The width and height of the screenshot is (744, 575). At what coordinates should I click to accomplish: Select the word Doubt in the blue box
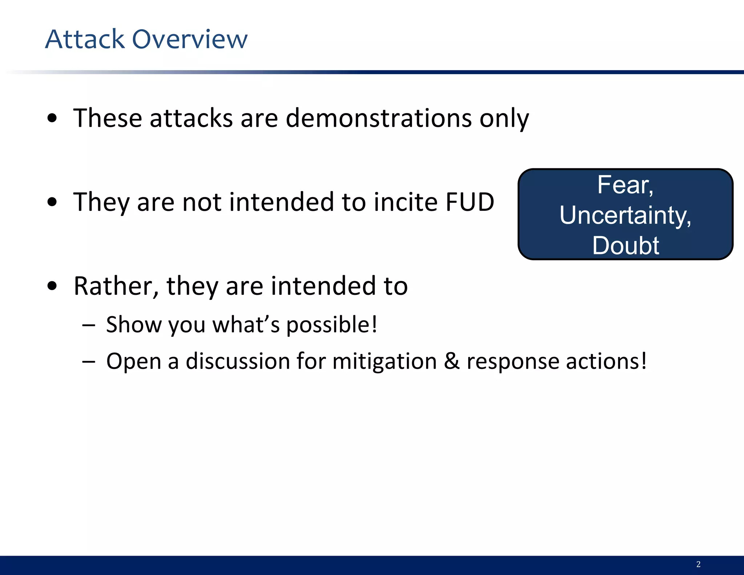(626, 245)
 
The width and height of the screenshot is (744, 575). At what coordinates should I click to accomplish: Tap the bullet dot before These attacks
(52, 118)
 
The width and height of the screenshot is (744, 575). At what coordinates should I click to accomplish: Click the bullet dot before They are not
(52, 202)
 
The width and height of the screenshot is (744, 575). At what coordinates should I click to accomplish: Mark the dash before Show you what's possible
(88, 325)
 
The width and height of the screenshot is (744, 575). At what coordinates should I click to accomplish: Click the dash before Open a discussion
(88, 362)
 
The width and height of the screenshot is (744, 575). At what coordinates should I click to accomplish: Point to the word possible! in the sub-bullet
(332, 325)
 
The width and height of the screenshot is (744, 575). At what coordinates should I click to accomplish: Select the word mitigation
(384, 362)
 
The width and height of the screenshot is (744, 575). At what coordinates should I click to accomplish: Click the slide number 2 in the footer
(698, 564)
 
